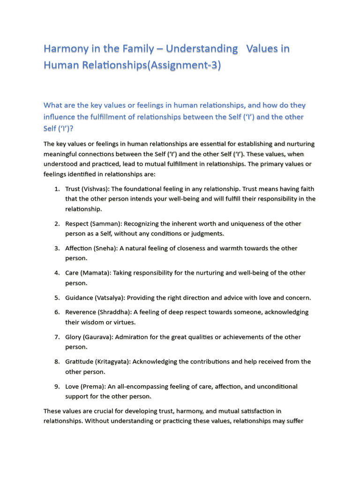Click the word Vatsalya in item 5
110,298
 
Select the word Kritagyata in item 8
113,361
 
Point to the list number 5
56,298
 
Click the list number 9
56,386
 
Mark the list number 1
56,189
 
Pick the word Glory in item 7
73,337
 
